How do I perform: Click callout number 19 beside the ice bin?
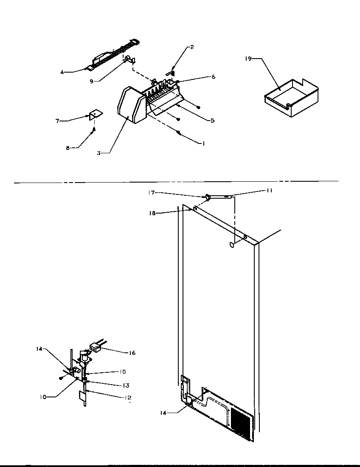pyautogui.click(x=248, y=59)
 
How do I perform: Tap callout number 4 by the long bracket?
pyautogui.click(x=62, y=72)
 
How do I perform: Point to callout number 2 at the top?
pyautogui.click(x=191, y=47)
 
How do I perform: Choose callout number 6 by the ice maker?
pyautogui.click(x=213, y=77)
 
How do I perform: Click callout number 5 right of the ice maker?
pyautogui.click(x=212, y=121)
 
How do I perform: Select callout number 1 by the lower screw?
pyautogui.click(x=203, y=143)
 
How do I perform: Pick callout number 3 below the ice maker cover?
pyautogui.click(x=98, y=153)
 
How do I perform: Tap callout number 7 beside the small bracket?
pyautogui.click(x=57, y=121)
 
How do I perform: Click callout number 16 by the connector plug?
pyautogui.click(x=132, y=353)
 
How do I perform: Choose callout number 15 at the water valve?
pyautogui.click(x=122, y=371)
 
